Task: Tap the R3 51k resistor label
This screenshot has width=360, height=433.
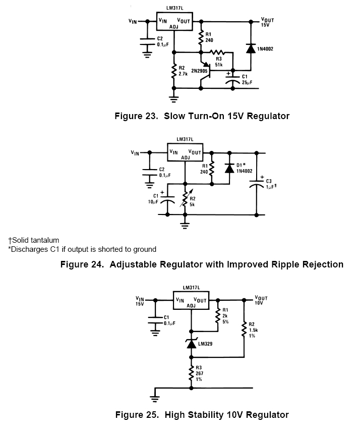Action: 219,62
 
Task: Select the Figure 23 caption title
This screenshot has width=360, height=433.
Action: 202,116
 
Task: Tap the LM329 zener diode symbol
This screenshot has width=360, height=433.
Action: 191,344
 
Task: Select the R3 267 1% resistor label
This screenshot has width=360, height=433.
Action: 200,374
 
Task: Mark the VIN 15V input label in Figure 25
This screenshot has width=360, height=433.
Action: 140,302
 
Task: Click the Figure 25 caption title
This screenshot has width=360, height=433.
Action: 202,415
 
